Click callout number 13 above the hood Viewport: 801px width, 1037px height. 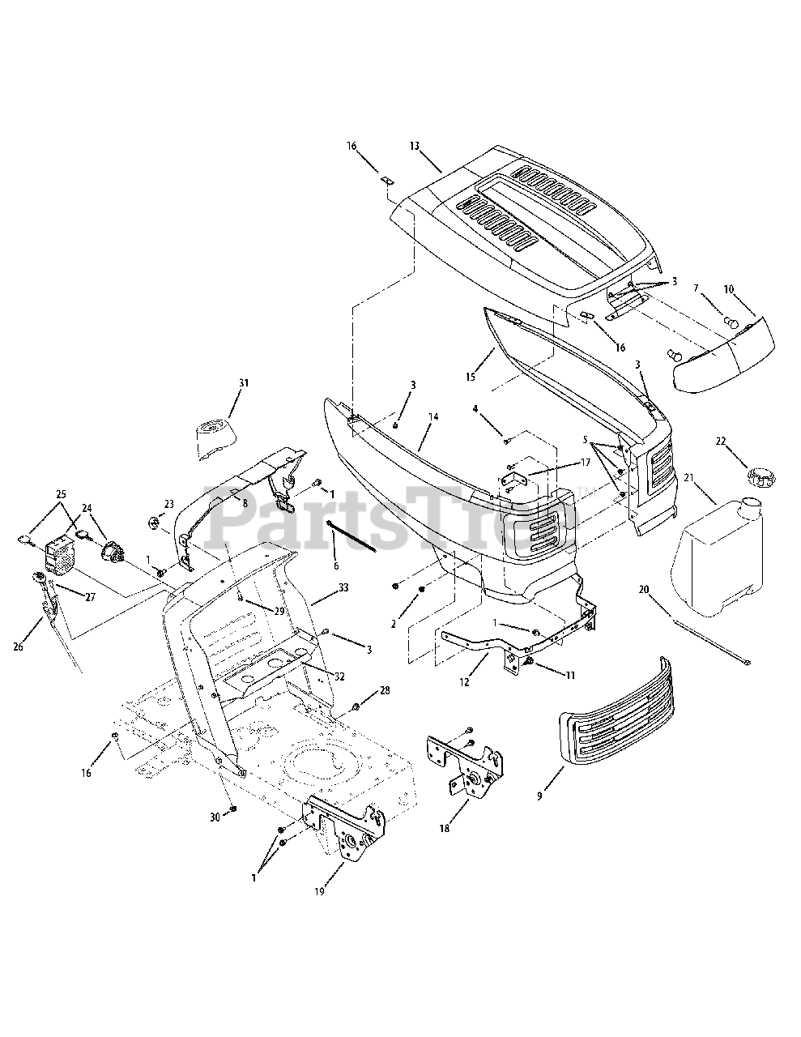[415, 146]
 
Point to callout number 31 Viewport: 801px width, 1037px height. [243, 382]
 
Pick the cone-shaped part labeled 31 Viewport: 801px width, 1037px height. [217, 437]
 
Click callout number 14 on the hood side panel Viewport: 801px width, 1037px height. [433, 416]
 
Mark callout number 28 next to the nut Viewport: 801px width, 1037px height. [385, 690]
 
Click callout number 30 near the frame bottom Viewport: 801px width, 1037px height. [215, 817]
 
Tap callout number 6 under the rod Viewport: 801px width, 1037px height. [336, 565]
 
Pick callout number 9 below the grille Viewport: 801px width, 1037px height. [539, 796]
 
